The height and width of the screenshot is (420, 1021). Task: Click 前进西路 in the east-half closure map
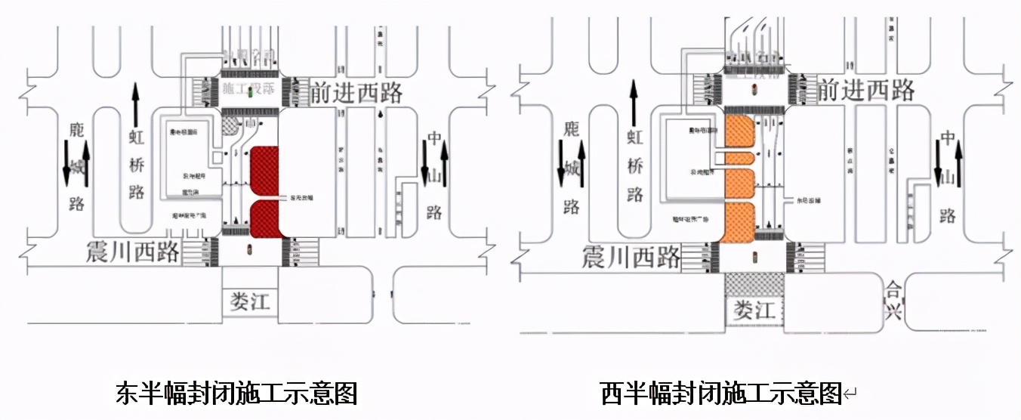(x=356, y=93)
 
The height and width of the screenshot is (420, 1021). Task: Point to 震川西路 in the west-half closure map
(x=631, y=258)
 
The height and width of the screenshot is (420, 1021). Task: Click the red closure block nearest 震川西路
(x=265, y=219)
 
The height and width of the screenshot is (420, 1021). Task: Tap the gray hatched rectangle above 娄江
(x=754, y=285)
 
